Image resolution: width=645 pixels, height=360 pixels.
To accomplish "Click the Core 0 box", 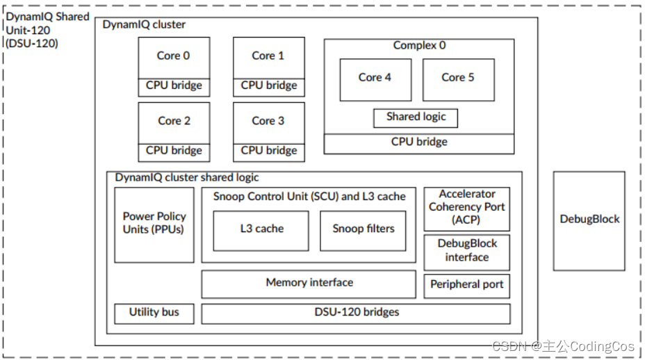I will [174, 57].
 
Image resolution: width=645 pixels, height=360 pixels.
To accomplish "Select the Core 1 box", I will [268, 57].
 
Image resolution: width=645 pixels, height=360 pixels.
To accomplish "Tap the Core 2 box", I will [174, 122].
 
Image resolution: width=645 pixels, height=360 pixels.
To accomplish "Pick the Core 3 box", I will [268, 122].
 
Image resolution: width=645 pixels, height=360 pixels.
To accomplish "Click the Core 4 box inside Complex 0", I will [375, 79].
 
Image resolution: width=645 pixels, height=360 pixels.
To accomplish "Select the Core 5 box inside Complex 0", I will [458, 79].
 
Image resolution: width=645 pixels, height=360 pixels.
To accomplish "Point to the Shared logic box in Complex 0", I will [416, 117].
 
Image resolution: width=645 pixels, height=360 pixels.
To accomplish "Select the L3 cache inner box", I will [261, 230].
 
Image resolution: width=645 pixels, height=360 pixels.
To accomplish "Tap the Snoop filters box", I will [363, 230].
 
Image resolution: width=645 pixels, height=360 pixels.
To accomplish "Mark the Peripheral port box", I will [466, 285].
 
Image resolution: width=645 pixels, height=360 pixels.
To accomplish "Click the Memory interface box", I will [309, 284].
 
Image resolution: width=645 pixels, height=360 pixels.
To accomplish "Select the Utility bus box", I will [154, 313].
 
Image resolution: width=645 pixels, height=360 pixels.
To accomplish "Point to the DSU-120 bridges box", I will [355, 313].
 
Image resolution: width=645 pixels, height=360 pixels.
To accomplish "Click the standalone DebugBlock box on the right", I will [589, 220].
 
